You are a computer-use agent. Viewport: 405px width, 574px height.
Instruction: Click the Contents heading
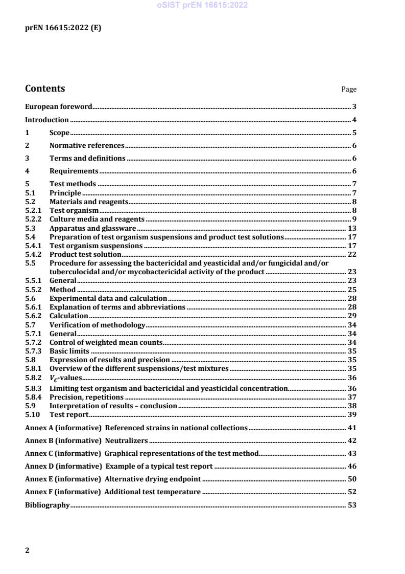point(45,89)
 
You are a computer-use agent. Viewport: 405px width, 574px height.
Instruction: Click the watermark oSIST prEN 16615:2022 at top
point(202,5)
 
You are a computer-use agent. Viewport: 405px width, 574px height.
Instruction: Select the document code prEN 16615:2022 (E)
point(63,28)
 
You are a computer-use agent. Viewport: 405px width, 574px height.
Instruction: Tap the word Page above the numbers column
point(349,90)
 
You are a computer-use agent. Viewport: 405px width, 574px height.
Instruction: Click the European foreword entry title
point(59,107)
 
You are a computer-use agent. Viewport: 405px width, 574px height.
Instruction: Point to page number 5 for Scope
point(354,133)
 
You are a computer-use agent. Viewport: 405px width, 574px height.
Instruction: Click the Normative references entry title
point(87,146)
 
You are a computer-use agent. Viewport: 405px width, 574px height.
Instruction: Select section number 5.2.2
point(34,219)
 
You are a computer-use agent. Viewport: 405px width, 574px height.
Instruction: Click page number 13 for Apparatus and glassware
point(352,228)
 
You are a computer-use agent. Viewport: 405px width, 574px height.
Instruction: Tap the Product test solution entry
point(85,254)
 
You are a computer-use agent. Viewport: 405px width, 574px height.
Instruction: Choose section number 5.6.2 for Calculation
point(34,316)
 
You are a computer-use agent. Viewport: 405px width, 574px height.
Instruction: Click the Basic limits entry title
point(69,351)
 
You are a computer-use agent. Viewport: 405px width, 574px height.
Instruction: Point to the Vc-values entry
point(66,378)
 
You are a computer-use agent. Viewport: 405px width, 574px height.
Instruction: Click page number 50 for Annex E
point(352,479)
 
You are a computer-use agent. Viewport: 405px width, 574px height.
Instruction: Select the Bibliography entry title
point(47,505)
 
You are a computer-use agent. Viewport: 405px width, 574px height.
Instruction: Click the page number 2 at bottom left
point(28,550)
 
